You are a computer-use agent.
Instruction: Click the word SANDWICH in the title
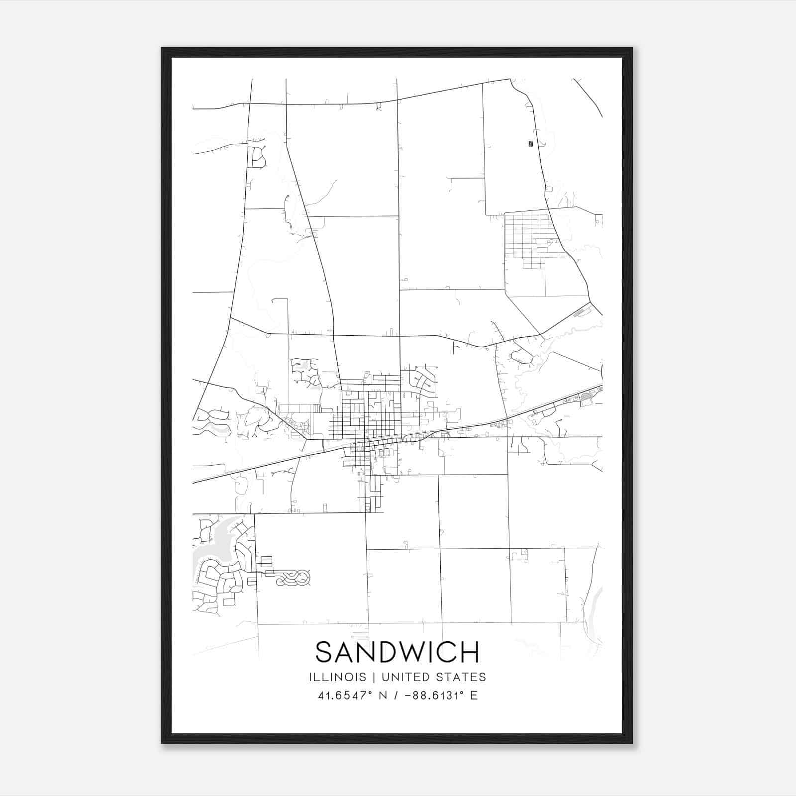pos(397,652)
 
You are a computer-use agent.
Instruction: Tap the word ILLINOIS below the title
pos(337,677)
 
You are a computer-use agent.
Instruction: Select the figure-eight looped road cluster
pos(294,578)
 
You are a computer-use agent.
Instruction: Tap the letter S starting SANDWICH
pos(324,652)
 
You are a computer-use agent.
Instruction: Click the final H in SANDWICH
pos(470,652)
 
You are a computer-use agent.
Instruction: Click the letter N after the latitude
pos(383,696)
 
